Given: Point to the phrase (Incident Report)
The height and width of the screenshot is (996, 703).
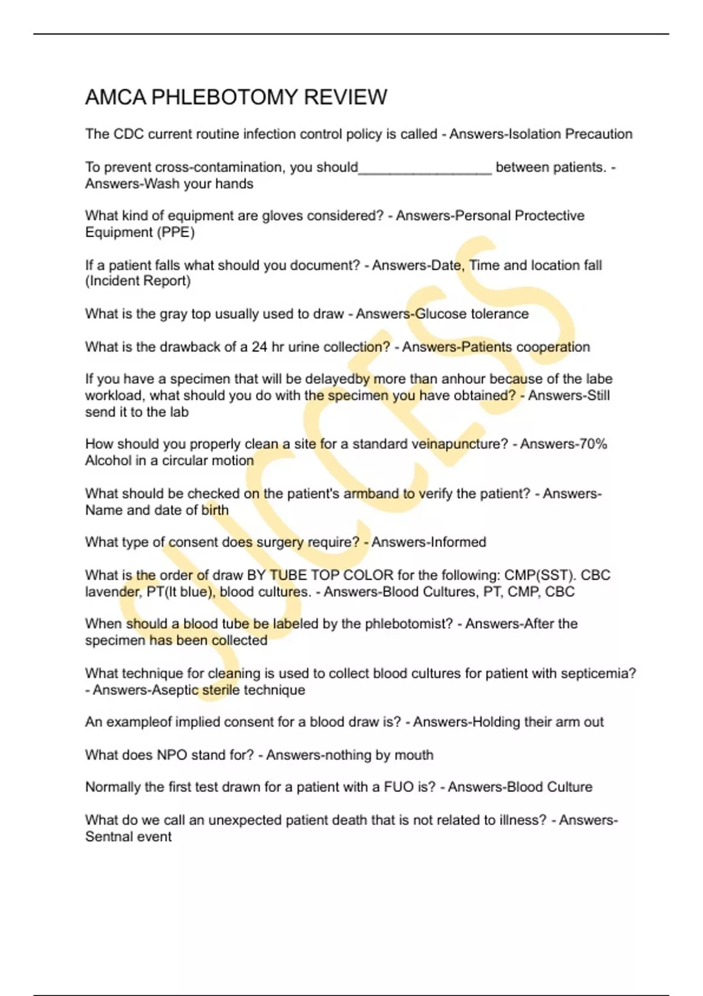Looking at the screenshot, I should point(138,281).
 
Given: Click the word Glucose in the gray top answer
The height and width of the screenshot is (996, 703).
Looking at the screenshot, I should point(441,314).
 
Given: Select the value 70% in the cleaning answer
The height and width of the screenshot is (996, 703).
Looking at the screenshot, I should point(593,444).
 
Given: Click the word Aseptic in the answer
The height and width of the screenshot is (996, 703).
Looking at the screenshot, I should point(175,690).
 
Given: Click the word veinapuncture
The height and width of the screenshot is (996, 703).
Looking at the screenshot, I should point(460,444).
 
